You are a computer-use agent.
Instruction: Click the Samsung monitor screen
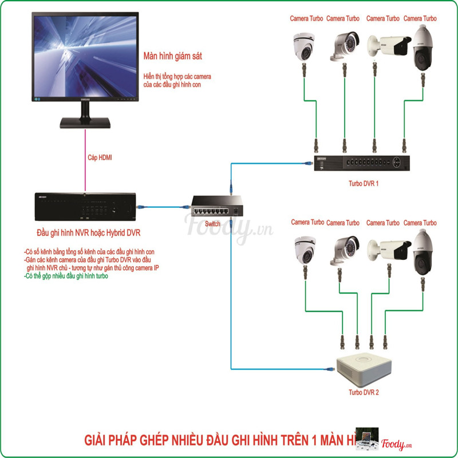[86, 57]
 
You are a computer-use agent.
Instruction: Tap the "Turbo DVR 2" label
[364, 393]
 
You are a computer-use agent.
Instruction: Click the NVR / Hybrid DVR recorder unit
[86, 206]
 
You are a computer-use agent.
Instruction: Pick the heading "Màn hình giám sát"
[175, 56]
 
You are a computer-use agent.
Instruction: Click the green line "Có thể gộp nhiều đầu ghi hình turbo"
[67, 276]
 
